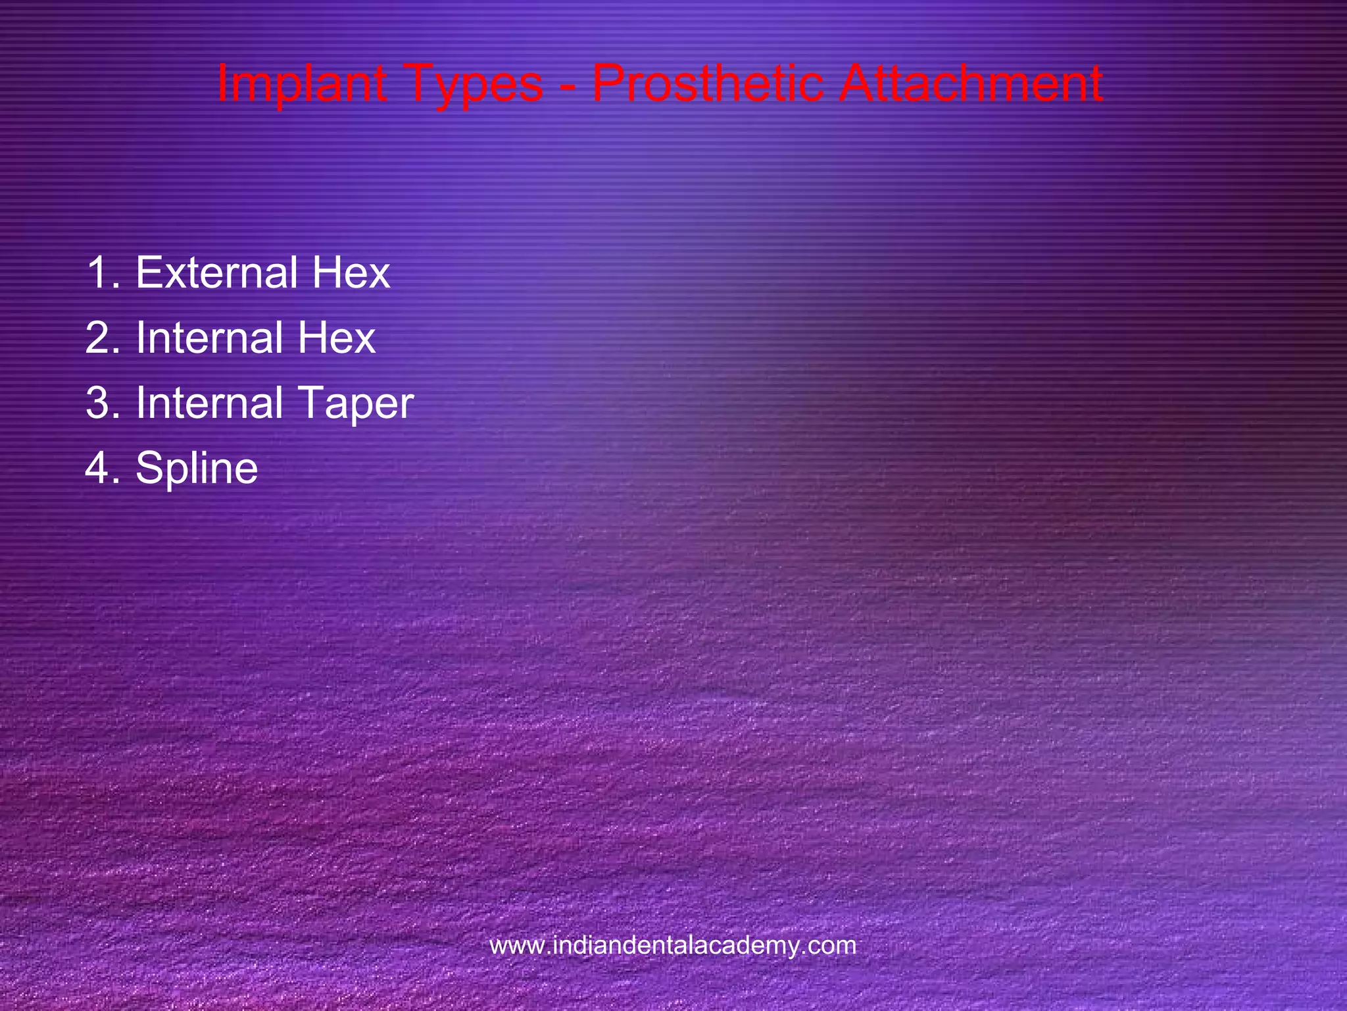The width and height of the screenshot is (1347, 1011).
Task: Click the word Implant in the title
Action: (301, 84)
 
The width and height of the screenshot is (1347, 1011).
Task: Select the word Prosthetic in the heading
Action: (708, 84)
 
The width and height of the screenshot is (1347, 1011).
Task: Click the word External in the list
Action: (216, 272)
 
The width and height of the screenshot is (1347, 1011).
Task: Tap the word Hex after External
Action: (351, 272)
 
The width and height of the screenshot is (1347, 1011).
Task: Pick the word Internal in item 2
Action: (209, 338)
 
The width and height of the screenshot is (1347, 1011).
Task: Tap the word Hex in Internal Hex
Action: (336, 338)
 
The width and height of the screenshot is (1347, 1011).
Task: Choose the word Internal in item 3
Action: (209, 403)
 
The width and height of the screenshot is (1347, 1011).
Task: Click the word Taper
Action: (355, 403)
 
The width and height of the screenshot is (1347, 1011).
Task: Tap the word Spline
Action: (197, 468)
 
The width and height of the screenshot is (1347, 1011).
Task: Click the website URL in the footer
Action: (673, 946)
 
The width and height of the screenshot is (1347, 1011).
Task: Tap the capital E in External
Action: (148, 272)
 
